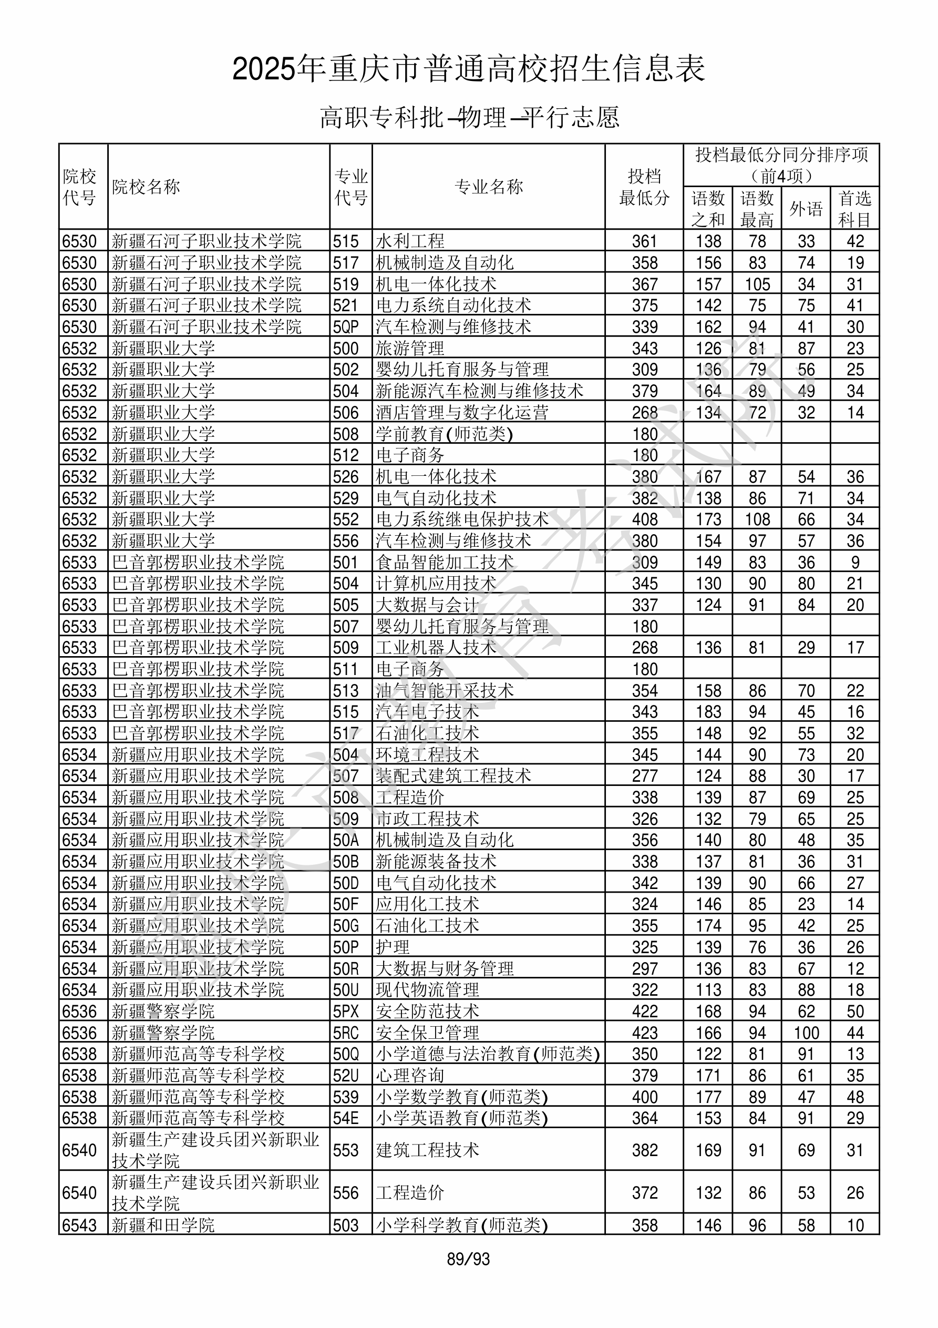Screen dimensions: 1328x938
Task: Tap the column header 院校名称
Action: (x=146, y=187)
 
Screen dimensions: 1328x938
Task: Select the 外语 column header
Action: (x=806, y=209)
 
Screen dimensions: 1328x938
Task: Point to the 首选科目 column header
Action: (x=855, y=209)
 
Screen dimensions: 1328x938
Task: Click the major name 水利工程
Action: (x=410, y=241)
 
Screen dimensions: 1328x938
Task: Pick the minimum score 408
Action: (x=644, y=519)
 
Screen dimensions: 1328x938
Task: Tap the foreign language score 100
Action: (x=806, y=1033)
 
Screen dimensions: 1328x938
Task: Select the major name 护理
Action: (x=393, y=947)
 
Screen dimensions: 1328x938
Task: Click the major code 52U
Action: (x=346, y=1075)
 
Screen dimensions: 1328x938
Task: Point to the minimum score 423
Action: (x=644, y=1033)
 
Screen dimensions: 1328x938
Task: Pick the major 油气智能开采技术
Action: (x=444, y=691)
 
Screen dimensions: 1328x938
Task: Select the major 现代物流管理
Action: (x=427, y=989)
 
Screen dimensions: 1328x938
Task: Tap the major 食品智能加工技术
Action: (x=444, y=562)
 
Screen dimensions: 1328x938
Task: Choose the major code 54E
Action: (x=346, y=1118)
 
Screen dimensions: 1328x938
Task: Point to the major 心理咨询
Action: (x=410, y=1075)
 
